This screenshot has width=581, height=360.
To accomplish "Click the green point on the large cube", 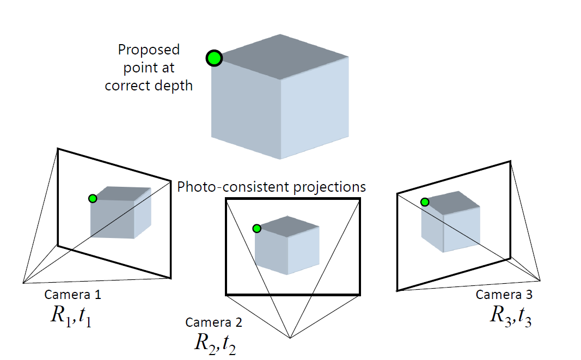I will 215,58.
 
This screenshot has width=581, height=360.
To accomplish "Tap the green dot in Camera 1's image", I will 93,199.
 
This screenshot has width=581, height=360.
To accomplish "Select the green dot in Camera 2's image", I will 257,229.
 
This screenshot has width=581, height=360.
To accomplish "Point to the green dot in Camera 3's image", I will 425,202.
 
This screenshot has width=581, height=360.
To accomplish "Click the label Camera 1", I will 72,295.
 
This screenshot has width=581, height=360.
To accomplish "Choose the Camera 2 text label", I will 214,322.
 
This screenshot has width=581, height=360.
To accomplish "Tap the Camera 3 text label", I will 504,295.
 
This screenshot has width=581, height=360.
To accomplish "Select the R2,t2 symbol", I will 215,343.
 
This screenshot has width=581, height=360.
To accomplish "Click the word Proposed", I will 149,50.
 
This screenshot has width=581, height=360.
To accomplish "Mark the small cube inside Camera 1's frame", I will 120,213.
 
